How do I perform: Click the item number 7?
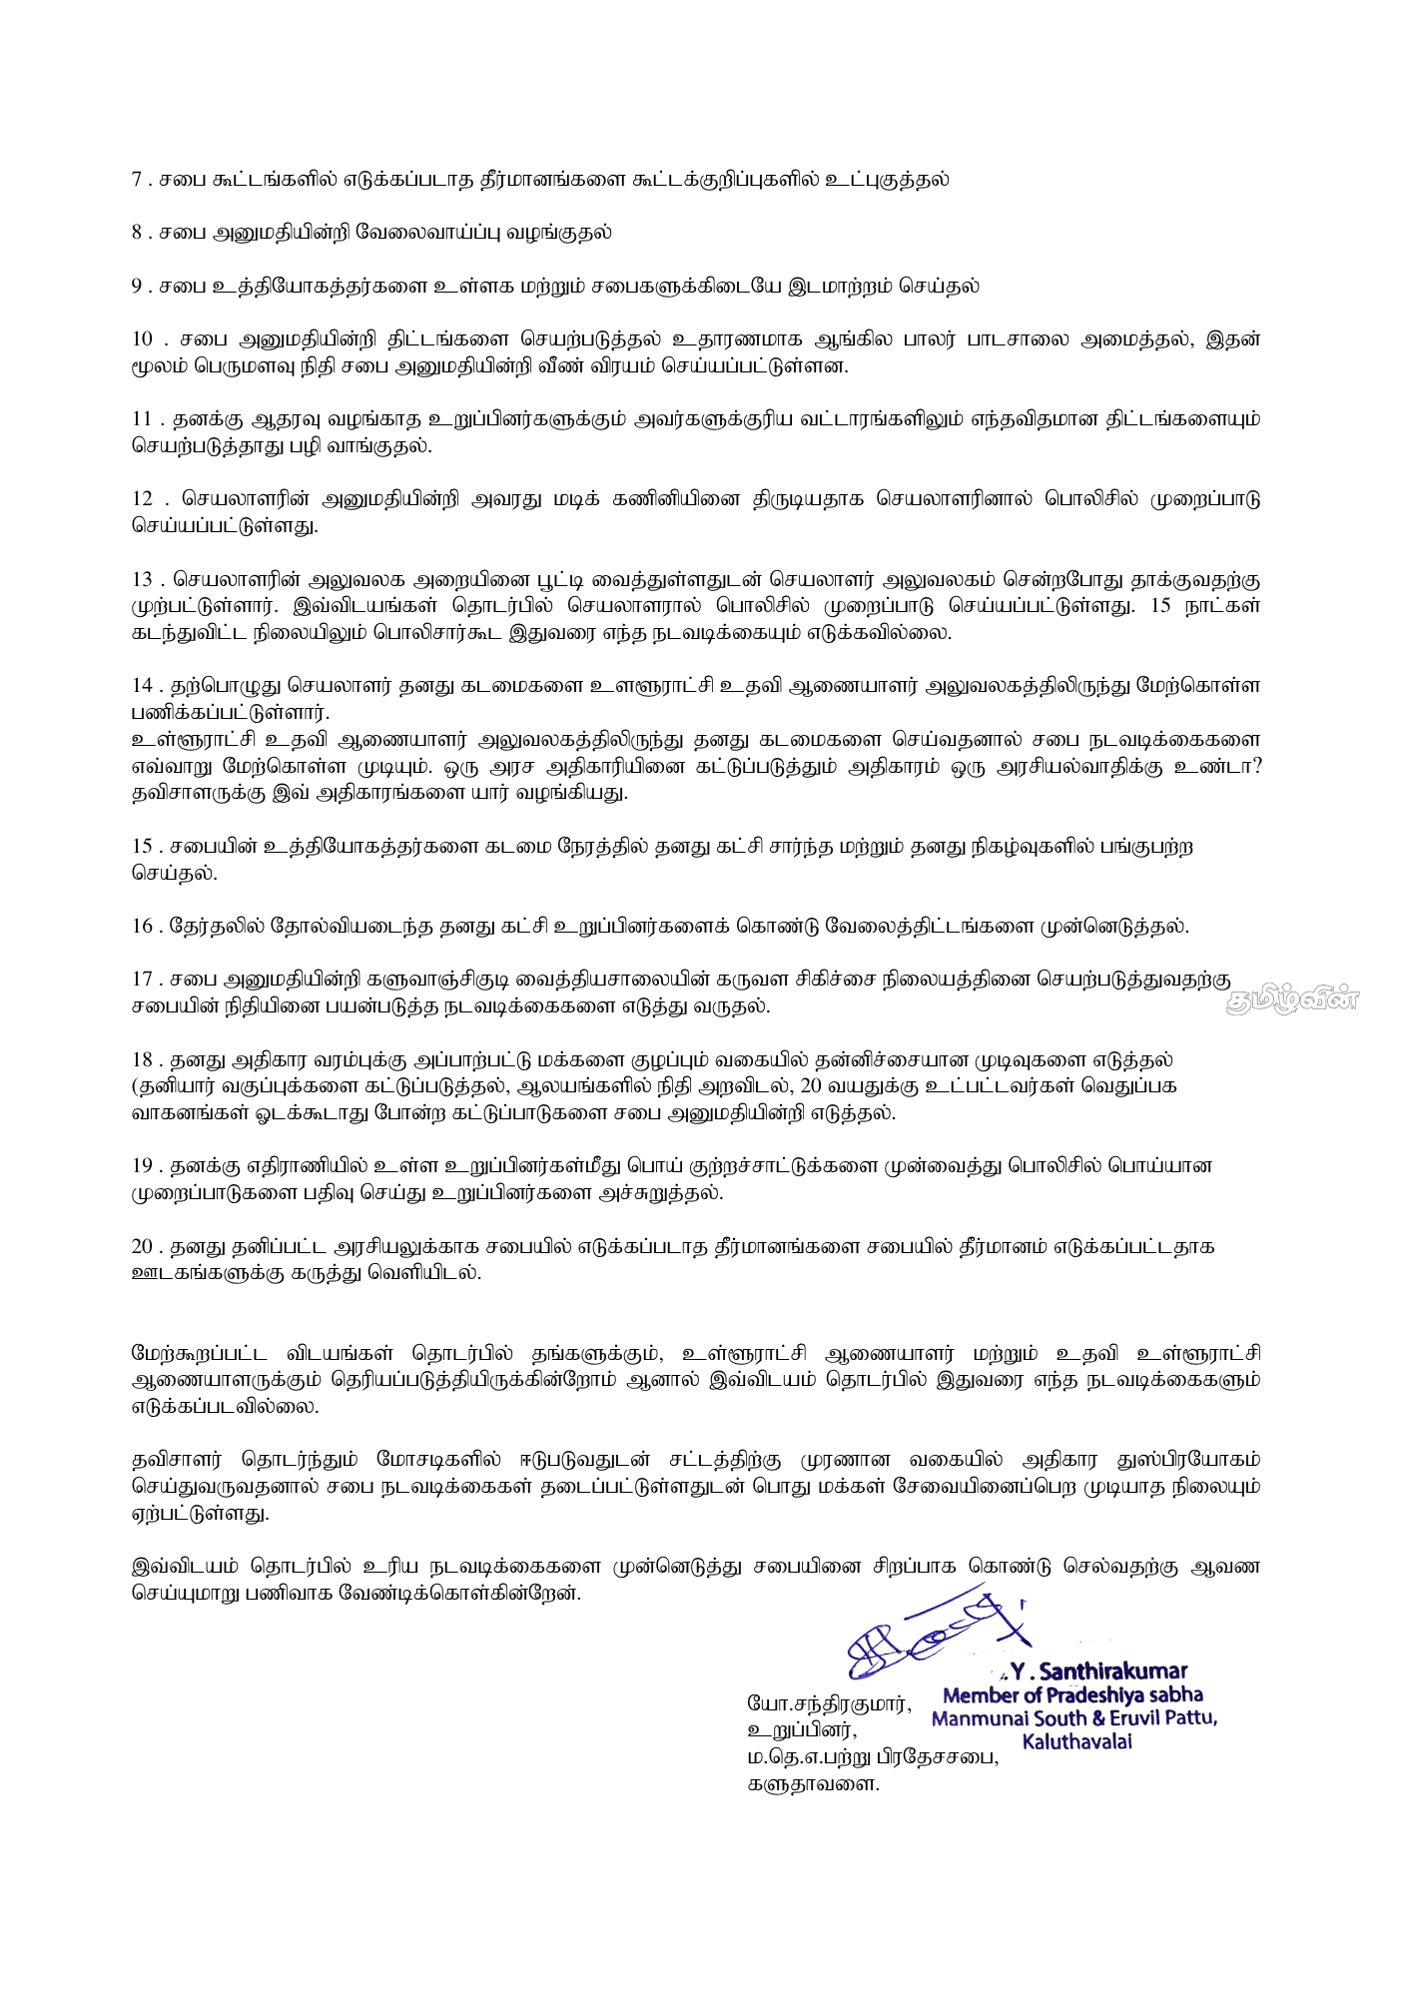tap(137, 180)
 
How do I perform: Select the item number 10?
tap(143, 339)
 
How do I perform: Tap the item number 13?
tap(142, 579)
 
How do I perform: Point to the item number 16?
tap(142, 926)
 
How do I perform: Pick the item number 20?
tap(142, 1246)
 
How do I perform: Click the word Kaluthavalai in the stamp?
tap(1076, 1741)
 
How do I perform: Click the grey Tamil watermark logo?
tap(1292, 999)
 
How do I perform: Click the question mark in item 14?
tap(1254, 767)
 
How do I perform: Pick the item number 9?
tap(137, 287)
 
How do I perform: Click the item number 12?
tap(142, 499)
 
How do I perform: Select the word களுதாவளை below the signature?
tap(813, 1784)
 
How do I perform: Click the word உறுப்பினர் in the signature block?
tap(801, 1730)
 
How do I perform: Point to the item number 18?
tap(142, 1059)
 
